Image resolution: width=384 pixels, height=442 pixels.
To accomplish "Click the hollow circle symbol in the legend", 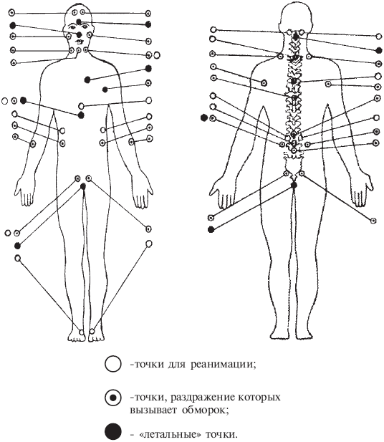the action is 113,364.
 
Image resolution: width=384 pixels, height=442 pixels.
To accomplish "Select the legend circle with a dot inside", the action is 113,398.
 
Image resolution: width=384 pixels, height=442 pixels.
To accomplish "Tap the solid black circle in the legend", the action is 113,431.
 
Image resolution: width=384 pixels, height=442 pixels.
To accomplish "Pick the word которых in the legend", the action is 259,398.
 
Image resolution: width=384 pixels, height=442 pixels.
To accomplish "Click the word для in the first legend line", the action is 177,365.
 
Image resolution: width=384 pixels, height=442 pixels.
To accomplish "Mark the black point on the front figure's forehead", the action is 79,21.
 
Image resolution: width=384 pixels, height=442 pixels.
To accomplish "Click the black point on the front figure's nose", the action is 79,34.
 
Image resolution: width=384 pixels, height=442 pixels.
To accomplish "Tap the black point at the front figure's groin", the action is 83,186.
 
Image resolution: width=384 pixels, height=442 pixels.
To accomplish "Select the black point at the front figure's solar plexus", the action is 81,115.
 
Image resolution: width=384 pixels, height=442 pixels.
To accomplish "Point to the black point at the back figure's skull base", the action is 296,37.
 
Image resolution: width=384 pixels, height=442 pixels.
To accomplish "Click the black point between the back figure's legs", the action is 294,186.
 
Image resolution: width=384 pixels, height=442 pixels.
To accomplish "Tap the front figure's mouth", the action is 79,42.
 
